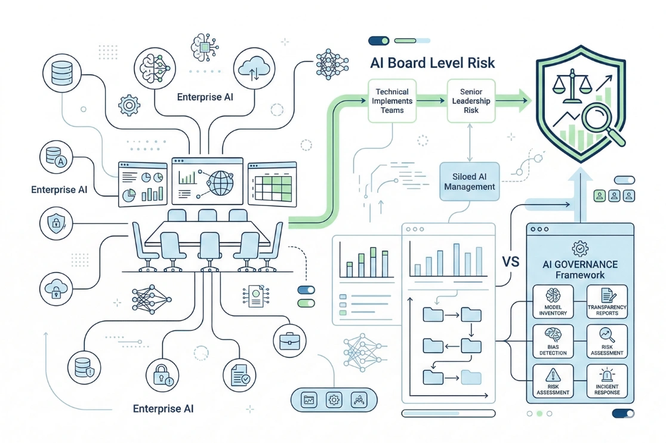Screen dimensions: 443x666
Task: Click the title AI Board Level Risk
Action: coord(433,63)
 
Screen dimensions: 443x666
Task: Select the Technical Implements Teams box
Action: coord(392,101)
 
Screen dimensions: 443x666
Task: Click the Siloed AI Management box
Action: coord(470,181)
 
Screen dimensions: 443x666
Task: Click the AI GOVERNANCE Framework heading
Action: coord(579,269)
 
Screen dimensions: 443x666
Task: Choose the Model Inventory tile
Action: coord(553,301)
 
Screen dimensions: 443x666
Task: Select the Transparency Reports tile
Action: coord(607,301)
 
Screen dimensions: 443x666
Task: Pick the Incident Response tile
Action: coord(607,380)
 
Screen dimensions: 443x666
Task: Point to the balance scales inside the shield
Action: coord(572,87)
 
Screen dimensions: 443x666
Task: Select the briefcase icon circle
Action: coord(292,340)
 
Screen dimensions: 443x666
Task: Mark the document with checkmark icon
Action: coord(243,374)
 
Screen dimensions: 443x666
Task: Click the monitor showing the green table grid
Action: coord(272,183)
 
